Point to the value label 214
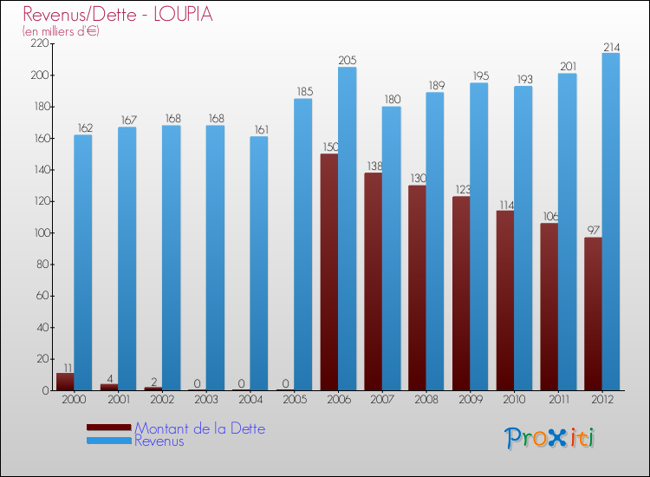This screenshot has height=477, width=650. coord(611,47)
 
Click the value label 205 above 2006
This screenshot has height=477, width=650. coord(347,61)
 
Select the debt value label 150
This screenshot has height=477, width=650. coord(329,147)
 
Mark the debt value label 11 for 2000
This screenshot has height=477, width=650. coord(64,367)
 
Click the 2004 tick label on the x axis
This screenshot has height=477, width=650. coord(250,400)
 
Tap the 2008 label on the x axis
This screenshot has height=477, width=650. coord(426,400)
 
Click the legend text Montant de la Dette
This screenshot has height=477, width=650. coord(199,428)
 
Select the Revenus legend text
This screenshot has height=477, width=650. coord(159,441)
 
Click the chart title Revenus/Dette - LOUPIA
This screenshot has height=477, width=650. coord(118,15)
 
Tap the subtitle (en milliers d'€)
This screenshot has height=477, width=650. coord(61,31)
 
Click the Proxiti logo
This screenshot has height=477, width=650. coord(550,438)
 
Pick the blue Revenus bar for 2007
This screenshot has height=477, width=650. coord(391,248)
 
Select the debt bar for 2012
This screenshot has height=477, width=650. coord(593,314)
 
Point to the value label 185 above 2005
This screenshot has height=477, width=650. coord(302,92)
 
